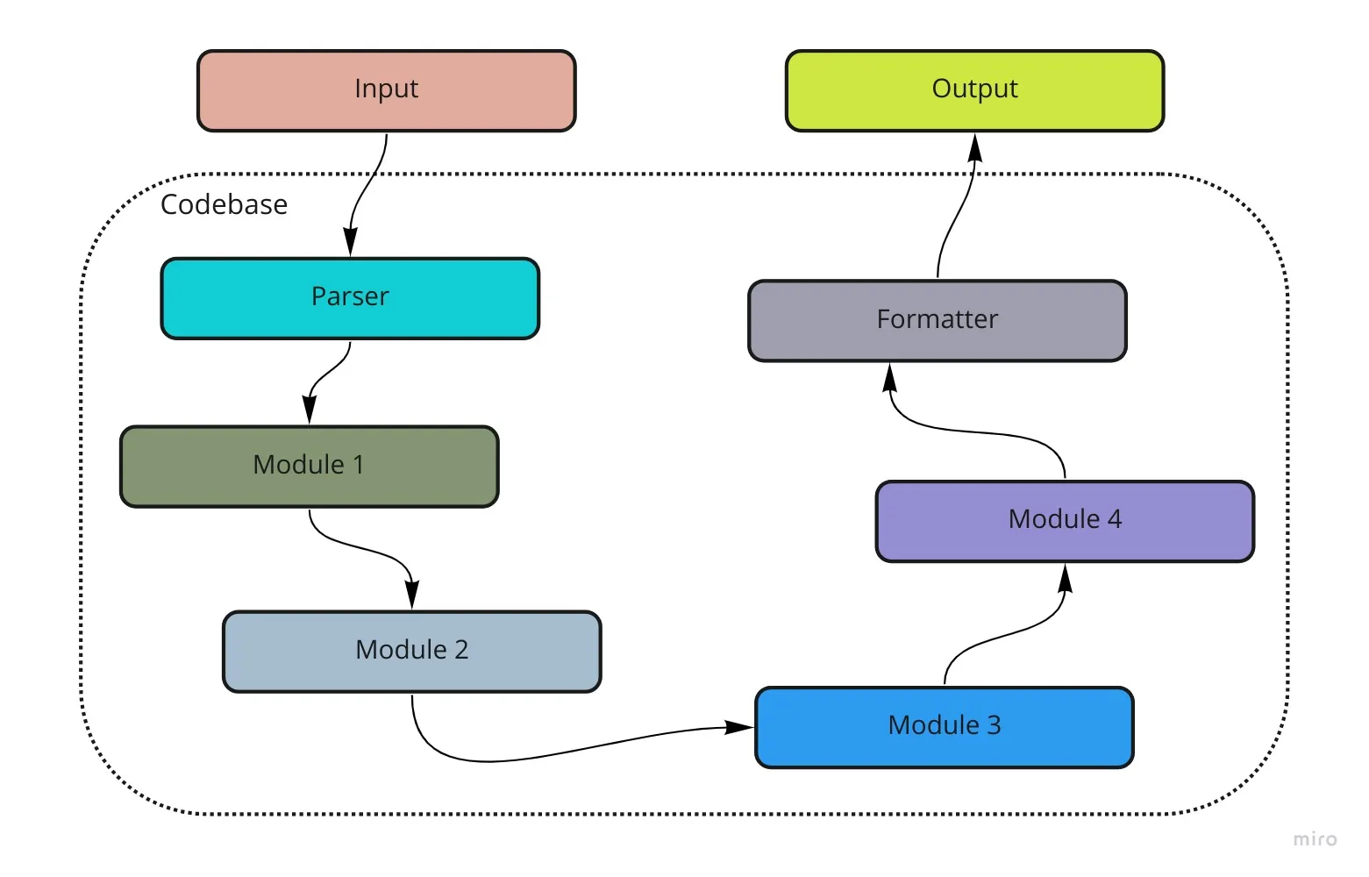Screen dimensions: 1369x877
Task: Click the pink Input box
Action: (386, 90)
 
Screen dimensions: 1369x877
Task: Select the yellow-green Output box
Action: (975, 90)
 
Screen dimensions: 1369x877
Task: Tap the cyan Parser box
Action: (350, 298)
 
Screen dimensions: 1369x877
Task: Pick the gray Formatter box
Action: (938, 321)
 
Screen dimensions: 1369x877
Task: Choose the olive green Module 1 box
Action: (310, 467)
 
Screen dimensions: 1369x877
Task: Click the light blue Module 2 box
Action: (412, 652)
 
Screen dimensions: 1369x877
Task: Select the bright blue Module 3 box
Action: (945, 727)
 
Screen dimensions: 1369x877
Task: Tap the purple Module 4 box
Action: (1066, 521)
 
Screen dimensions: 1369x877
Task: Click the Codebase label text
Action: (224, 204)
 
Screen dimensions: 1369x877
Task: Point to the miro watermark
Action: (1315, 838)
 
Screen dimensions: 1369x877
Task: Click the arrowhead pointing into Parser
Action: (350, 242)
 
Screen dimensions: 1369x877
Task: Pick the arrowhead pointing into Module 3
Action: (739, 727)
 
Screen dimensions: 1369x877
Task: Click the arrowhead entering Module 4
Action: (1066, 578)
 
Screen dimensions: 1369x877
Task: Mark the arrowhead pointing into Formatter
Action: (890, 378)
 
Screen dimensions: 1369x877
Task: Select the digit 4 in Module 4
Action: (1114, 519)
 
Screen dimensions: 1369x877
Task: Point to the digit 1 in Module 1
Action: (359, 465)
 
